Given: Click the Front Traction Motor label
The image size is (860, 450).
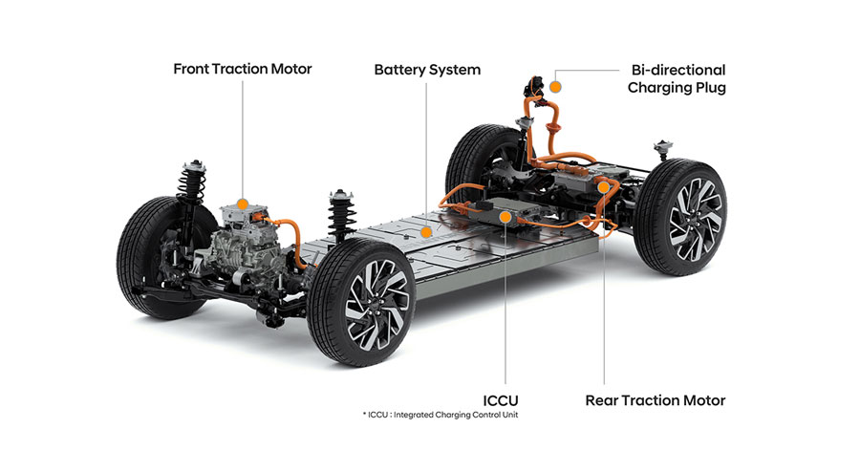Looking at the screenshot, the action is pos(243,69).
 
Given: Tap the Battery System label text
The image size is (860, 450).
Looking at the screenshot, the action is pos(427,70).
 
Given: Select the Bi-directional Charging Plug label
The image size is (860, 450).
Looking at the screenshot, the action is pos(677,79).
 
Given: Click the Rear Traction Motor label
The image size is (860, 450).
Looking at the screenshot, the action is pos(656,400).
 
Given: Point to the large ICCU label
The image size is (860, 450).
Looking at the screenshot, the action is pos(500,400).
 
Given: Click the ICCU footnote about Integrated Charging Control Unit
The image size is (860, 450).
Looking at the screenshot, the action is pos(441,415).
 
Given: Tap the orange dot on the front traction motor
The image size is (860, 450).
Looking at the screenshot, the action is pos(243,204).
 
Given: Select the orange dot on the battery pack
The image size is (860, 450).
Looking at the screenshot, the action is pos(425,232).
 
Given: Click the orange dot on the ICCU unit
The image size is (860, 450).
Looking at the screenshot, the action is pos(505,218).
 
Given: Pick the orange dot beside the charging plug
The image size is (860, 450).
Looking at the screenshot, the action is pos(555,87).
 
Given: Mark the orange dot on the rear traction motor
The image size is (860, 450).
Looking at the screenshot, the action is pos(604,187).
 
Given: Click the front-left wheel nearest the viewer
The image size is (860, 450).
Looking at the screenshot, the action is pos(361,302).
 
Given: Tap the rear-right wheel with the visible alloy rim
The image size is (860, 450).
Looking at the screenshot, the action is pos(680,217).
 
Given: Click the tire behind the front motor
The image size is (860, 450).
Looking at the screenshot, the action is pos(159,258).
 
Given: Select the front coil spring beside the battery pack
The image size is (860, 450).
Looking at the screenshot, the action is pos(342,215).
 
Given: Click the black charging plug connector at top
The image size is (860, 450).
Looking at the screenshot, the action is pos(532,87).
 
